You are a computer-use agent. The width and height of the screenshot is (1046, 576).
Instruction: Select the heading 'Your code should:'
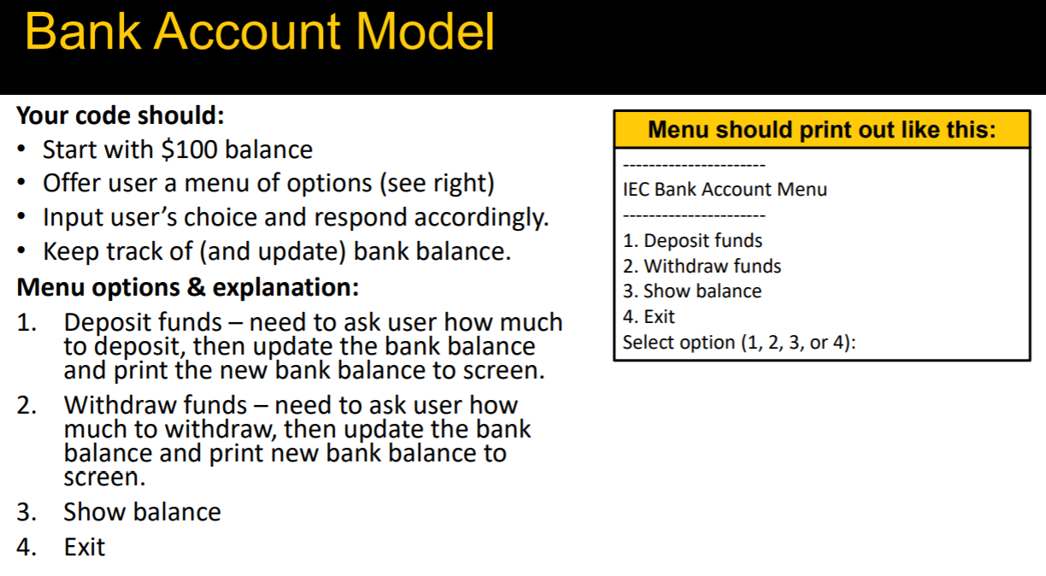[120, 115]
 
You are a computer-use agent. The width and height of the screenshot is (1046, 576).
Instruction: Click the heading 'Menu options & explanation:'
[188, 287]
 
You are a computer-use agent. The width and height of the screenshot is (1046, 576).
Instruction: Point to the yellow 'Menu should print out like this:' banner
[822, 130]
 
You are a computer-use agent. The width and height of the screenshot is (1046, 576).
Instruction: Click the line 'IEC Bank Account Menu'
[725, 190]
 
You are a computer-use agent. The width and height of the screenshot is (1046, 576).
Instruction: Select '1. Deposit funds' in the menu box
[692, 241]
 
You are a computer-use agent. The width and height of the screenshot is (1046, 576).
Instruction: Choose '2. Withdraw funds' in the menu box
[702, 267]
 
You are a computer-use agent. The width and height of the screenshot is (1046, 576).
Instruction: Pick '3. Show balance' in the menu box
[692, 291]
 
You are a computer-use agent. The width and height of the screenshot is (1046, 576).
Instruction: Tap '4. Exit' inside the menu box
[649, 317]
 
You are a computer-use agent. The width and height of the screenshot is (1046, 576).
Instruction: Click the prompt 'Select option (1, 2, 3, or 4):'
[739, 343]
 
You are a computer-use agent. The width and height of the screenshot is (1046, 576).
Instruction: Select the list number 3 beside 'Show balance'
[25, 513]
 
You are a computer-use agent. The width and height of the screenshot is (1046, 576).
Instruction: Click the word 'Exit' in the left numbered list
[84, 547]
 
